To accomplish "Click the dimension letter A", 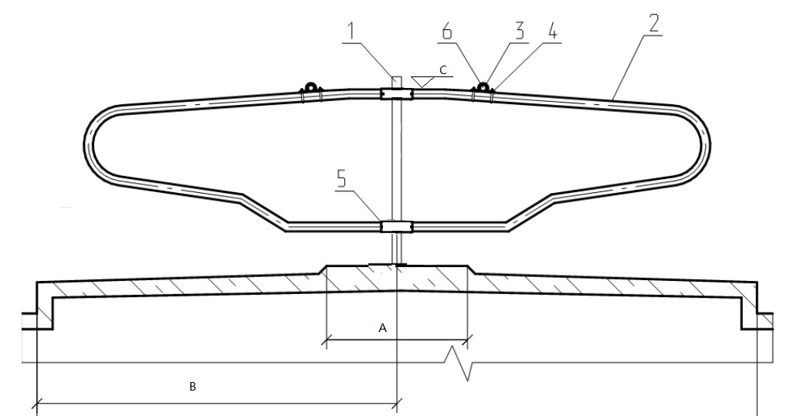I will (x=382, y=327).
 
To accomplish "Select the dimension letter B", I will (x=193, y=387).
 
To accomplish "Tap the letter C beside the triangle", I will (x=442, y=69).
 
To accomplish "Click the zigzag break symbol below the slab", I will (x=460, y=364).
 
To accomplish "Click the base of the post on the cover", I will (x=397, y=265).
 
